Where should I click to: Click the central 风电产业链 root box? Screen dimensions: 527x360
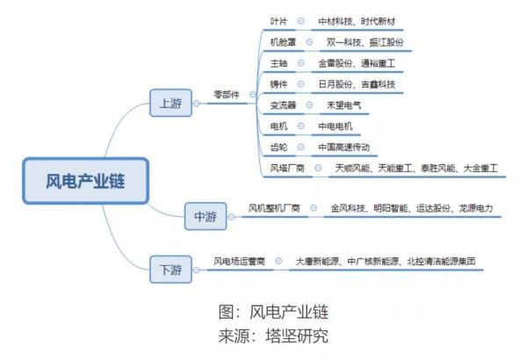click(86, 181)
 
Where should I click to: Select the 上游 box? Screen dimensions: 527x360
click(170, 103)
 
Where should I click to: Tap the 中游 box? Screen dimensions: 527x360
click(206, 216)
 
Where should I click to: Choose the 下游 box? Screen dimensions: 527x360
click(170, 270)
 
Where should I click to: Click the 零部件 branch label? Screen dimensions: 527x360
click(227, 95)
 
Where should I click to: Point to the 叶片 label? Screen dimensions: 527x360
click(279, 22)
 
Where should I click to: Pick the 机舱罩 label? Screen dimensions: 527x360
click(283, 42)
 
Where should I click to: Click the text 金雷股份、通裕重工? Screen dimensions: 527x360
click(357, 63)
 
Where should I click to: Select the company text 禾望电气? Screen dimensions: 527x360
click(343, 105)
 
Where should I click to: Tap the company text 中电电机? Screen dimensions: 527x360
click(336, 126)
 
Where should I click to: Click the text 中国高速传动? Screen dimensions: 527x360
click(343, 148)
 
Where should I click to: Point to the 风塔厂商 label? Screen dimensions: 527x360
click(287, 168)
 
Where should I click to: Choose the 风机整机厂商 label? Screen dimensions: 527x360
click(274, 208)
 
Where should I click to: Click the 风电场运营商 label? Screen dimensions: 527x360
click(239, 261)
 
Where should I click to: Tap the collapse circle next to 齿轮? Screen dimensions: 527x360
click(300, 147)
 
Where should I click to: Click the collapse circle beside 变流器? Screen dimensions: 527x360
click(309, 104)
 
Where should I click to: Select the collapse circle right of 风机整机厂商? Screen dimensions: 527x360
click(314, 208)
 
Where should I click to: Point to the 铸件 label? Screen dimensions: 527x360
click(279, 84)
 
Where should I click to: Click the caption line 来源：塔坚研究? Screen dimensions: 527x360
click(273, 335)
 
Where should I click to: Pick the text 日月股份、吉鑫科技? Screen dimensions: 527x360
click(357, 84)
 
